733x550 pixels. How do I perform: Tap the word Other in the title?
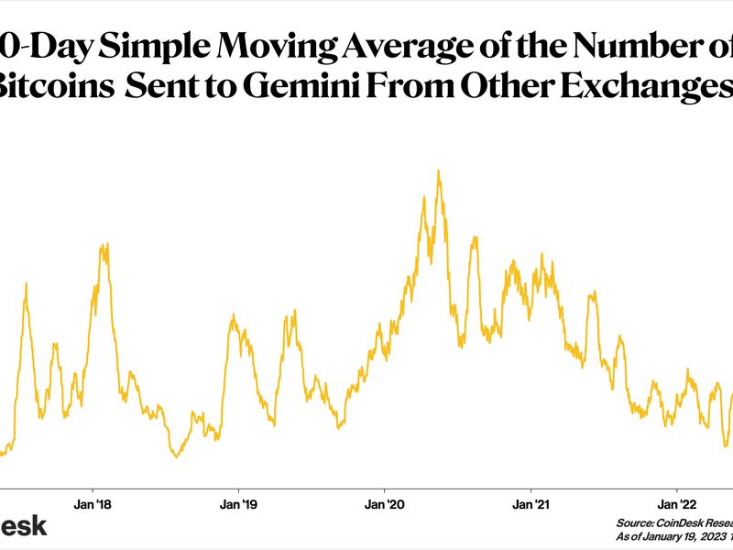point(491,88)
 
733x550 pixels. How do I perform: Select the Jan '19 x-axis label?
point(237,504)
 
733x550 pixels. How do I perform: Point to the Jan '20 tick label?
point(384,504)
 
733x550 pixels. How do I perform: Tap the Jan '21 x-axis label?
point(531,504)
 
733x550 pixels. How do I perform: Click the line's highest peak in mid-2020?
point(439,170)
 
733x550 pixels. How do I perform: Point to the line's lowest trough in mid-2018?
point(176,456)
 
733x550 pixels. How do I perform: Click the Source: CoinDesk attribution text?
point(674,524)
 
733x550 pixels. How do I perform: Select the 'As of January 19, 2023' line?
point(674,537)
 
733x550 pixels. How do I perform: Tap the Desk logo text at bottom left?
point(22,526)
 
